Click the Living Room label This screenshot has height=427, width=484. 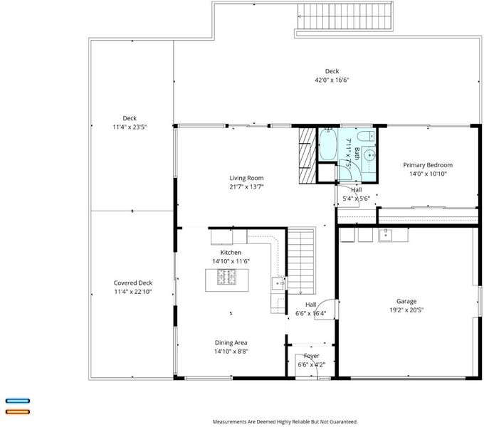click(x=246, y=178)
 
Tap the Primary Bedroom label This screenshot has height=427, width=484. click(x=428, y=165)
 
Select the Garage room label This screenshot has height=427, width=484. click(x=406, y=301)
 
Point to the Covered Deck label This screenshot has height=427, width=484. click(x=133, y=283)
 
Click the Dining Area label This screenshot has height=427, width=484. click(x=231, y=343)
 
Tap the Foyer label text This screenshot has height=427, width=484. click(x=312, y=356)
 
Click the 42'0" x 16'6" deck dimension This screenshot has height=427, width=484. click(x=332, y=80)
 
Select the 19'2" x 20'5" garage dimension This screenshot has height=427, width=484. click(x=406, y=310)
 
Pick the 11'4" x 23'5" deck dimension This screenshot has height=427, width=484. click(x=130, y=127)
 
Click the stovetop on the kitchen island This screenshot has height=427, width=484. click(x=226, y=276)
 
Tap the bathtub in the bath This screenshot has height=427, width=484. click(x=327, y=144)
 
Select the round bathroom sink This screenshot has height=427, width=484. click(x=369, y=155)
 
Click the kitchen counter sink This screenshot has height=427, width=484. click(x=278, y=283)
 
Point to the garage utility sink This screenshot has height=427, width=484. click(x=386, y=234)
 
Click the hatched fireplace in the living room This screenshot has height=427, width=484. click(x=307, y=156)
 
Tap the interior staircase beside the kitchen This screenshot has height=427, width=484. click(x=301, y=261)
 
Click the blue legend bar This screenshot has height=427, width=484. click(x=18, y=401)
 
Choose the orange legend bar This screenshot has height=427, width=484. click(x=18, y=411)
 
